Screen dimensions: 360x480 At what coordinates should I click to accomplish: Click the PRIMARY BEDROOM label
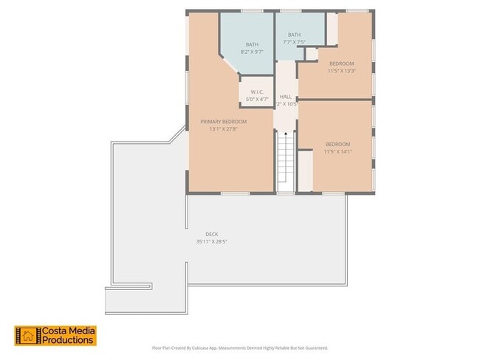click(223, 122)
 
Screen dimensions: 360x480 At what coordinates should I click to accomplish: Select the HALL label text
click(286, 97)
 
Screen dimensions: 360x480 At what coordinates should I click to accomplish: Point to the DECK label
click(211, 234)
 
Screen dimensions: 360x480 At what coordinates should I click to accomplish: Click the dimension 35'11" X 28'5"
click(211, 241)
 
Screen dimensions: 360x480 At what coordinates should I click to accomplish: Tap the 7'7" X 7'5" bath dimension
click(294, 42)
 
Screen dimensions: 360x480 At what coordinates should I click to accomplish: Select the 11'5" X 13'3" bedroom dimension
click(342, 71)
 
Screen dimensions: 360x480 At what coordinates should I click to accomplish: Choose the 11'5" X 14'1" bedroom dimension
click(338, 151)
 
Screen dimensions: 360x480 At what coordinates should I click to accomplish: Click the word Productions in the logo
click(67, 341)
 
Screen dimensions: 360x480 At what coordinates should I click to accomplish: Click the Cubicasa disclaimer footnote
click(240, 347)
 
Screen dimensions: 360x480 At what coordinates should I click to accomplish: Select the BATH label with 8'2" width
click(252, 44)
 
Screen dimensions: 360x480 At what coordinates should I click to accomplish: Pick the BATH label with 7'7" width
click(294, 35)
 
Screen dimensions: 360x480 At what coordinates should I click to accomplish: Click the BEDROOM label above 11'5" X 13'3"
click(342, 63)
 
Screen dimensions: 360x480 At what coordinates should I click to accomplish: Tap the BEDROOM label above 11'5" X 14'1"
click(338, 144)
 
